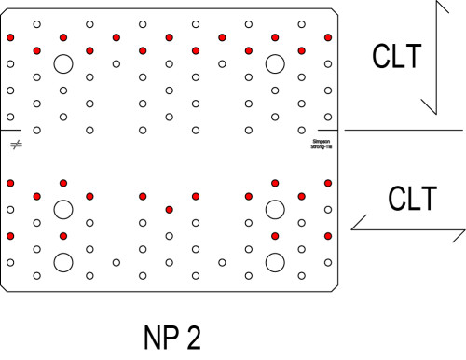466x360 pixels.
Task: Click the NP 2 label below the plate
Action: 172,337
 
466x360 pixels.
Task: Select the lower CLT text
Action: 411,198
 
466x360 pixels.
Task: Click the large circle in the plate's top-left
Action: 63,64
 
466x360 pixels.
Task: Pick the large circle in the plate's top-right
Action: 275,64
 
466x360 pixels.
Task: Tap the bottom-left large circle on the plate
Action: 63,262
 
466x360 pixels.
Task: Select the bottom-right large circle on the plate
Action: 275,262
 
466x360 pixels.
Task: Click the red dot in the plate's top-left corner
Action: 10,37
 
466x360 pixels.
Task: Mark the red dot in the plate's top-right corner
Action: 328,37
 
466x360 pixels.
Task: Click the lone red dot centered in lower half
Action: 169,209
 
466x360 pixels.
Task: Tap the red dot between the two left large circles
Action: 63,236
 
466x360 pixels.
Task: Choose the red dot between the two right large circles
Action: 275,236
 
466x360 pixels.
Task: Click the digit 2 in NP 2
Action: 192,337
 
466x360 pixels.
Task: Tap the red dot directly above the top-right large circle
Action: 275,37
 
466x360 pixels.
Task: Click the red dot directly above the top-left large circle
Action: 63,37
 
